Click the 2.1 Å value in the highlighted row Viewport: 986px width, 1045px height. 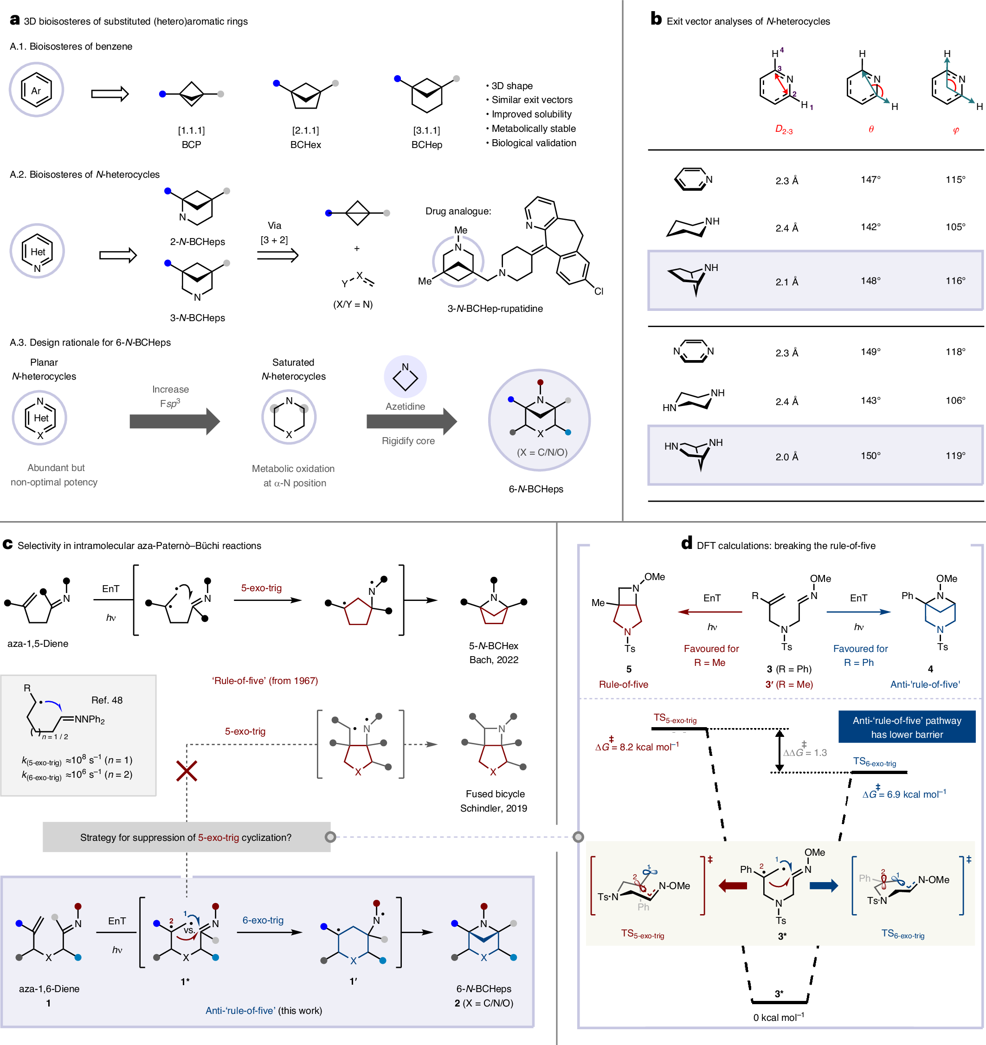click(786, 282)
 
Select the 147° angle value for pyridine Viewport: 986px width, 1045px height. click(870, 180)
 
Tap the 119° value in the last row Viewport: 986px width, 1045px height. click(955, 456)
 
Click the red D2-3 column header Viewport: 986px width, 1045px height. click(784, 129)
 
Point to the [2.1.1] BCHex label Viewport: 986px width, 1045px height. click(305, 138)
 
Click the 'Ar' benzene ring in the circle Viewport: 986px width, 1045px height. click(36, 90)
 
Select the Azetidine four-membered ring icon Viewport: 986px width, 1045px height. click(405, 376)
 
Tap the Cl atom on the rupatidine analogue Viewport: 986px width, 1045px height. click(599, 291)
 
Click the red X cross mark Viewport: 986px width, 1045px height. click(187, 771)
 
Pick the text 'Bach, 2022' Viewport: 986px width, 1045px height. click(494, 660)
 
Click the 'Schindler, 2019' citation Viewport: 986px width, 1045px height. click(494, 808)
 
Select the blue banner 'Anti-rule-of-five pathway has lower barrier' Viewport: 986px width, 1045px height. click(907, 727)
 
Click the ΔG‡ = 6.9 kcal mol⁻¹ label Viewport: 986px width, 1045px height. click(903, 794)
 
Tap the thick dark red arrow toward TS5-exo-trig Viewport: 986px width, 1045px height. click(733, 886)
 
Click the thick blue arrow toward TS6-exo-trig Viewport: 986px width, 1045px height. click(824, 886)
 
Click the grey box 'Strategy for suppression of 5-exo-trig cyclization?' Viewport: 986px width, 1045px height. click(186, 837)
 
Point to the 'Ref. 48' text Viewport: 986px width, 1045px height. click(107, 700)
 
